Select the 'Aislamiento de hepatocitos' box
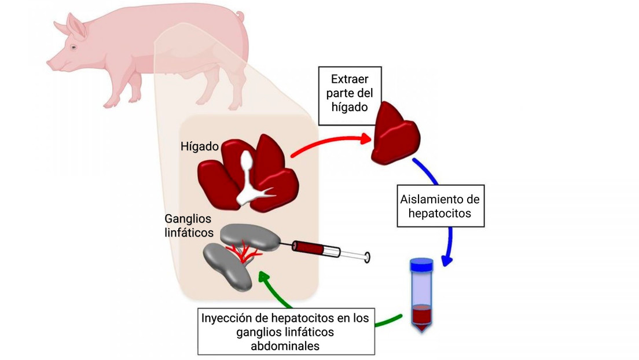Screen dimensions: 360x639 point(440,206)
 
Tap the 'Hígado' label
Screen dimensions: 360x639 point(200,147)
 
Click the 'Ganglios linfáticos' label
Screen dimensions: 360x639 point(189,226)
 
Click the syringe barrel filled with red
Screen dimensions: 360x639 point(307,248)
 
